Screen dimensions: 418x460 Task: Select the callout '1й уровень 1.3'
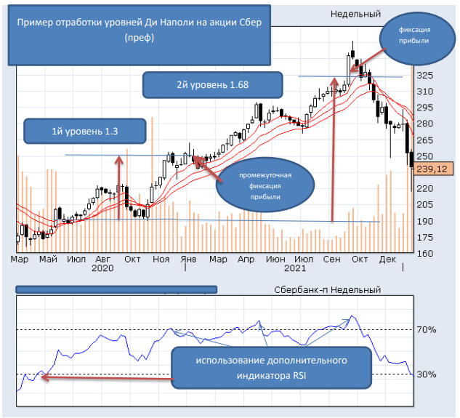[x=84, y=132]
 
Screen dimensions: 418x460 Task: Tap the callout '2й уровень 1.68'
[x=211, y=84]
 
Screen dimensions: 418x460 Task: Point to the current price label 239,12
[x=433, y=169]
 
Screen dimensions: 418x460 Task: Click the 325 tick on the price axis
[x=427, y=76]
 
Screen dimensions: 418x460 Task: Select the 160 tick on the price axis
[x=427, y=254]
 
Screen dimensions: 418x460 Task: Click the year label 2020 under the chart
[x=104, y=268]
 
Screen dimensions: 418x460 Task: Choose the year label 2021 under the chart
[x=294, y=268]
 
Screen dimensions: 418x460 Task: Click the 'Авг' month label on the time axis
[x=104, y=258]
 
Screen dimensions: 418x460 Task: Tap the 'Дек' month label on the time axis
[x=387, y=258]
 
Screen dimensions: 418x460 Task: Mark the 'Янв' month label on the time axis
[x=188, y=258]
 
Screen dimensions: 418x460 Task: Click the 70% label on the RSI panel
[x=427, y=330]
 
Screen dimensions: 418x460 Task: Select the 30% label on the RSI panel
[x=427, y=375]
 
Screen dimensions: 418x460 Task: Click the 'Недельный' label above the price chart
[x=356, y=14]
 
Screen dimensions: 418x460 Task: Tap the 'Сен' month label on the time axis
[x=332, y=258]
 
